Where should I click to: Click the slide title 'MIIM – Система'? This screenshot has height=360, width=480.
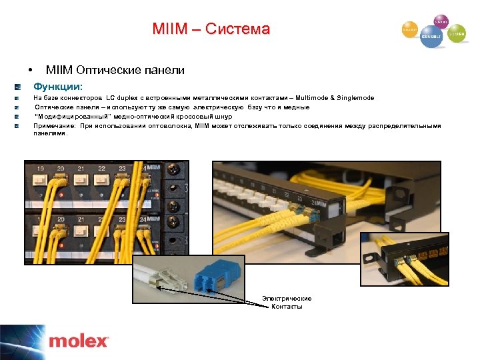[x=211, y=29]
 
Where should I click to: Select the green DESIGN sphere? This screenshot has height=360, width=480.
[x=457, y=33]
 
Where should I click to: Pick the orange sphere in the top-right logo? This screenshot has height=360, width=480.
[x=409, y=30]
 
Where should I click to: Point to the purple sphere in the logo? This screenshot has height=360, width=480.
[x=441, y=21]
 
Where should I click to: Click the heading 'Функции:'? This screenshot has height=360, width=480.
[x=59, y=87]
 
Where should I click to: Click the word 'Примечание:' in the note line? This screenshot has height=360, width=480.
[x=55, y=125]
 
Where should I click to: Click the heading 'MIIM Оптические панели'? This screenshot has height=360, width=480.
[x=115, y=70]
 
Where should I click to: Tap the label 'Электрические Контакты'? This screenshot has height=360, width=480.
[x=287, y=302]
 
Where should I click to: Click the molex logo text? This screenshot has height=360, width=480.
[x=78, y=341]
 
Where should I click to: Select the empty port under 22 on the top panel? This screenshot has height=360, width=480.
[x=103, y=181]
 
